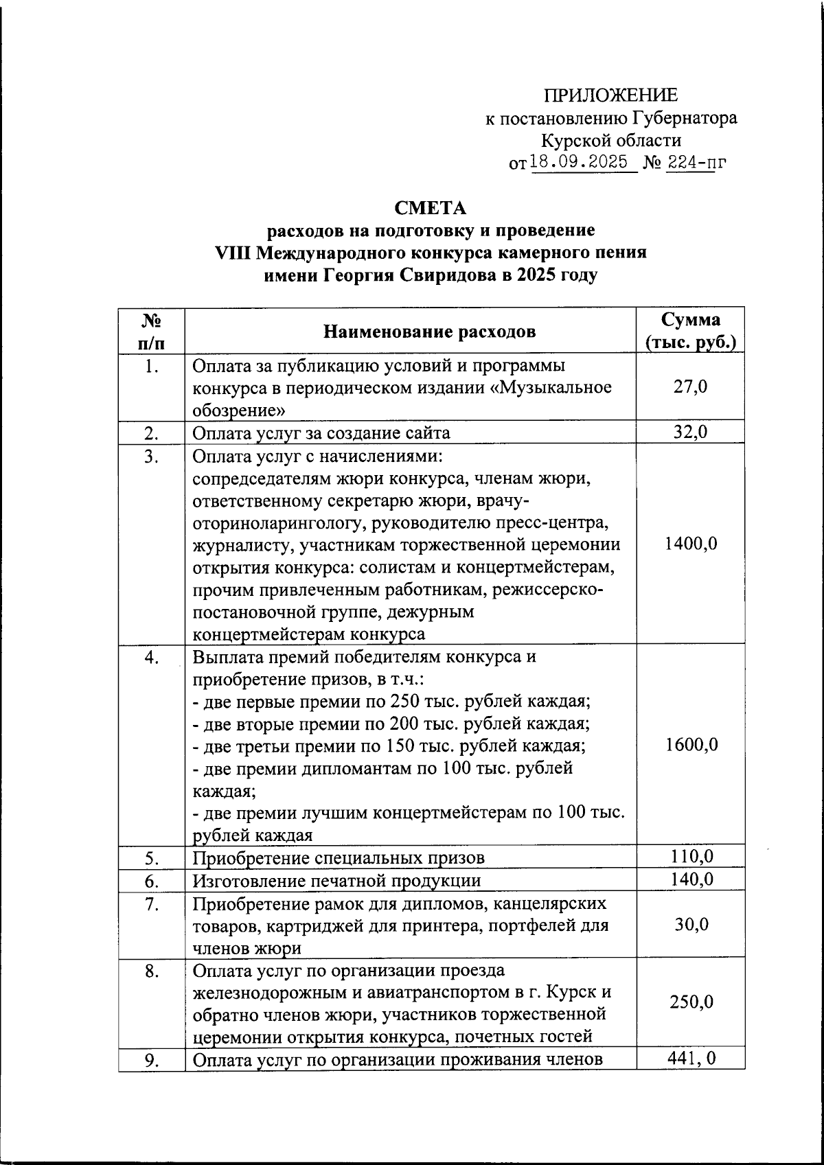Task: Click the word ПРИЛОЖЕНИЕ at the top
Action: click(x=611, y=95)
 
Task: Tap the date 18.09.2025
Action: click(x=580, y=163)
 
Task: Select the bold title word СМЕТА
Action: click(x=431, y=207)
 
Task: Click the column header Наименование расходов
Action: click(x=430, y=332)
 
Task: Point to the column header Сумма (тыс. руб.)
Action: click(x=691, y=331)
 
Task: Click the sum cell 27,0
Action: click(x=691, y=387)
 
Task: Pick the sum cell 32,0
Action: click(x=691, y=432)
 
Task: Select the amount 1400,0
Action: click(x=691, y=544)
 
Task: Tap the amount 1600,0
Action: click(x=691, y=745)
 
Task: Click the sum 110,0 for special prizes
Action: click(x=691, y=856)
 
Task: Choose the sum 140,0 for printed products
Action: click(x=691, y=879)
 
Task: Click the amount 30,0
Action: click(x=691, y=925)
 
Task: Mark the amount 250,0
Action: click(x=691, y=1002)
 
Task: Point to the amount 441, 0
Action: click(x=691, y=1058)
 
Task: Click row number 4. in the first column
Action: click(x=152, y=657)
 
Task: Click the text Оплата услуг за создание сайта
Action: click(x=321, y=433)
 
